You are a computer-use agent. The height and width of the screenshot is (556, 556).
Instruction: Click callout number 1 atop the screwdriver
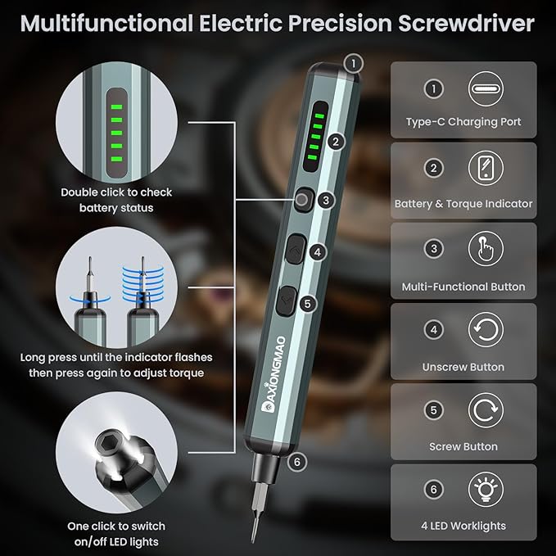[x=353, y=62]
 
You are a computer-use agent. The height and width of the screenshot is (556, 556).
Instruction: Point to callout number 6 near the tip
[x=296, y=462]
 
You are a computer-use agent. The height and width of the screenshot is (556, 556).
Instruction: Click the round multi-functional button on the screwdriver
[x=302, y=199]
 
